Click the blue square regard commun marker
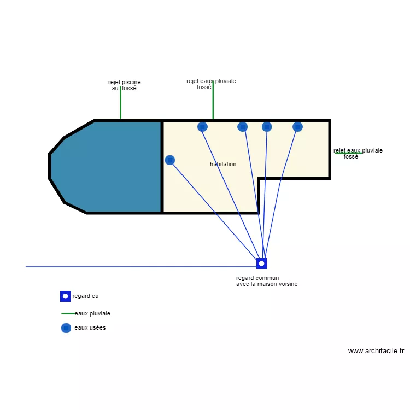[x=262, y=263]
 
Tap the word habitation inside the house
[x=223, y=164]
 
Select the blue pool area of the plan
[x=109, y=167]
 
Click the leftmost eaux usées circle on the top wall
[x=202, y=127]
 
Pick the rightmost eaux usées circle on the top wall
[x=297, y=127]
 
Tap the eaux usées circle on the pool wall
[x=170, y=160]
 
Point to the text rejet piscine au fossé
[x=125, y=85]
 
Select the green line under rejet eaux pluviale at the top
[x=213, y=104]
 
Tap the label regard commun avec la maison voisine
[x=267, y=281]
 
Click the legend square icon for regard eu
[x=66, y=296]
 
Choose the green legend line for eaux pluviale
[x=68, y=314]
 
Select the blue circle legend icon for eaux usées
[x=66, y=328]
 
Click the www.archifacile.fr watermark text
[x=376, y=351]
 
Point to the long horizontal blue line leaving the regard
[x=137, y=267]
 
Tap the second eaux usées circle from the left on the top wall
[x=243, y=127]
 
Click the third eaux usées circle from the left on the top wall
[x=267, y=127]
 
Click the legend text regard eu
[x=86, y=296]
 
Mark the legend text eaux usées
[x=90, y=328]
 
